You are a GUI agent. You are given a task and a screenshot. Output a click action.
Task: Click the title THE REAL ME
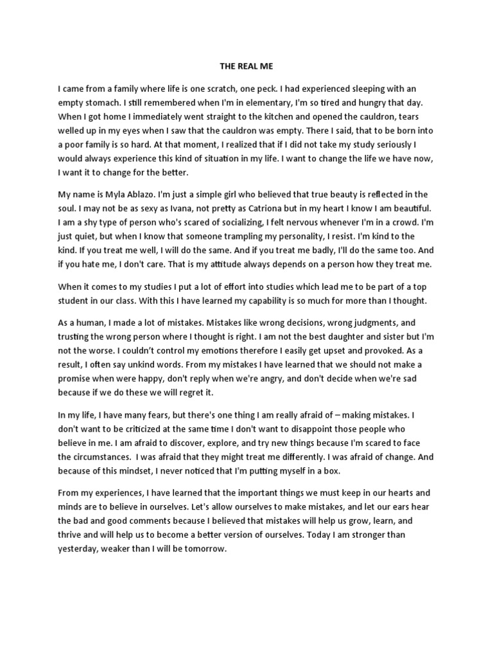(246, 65)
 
